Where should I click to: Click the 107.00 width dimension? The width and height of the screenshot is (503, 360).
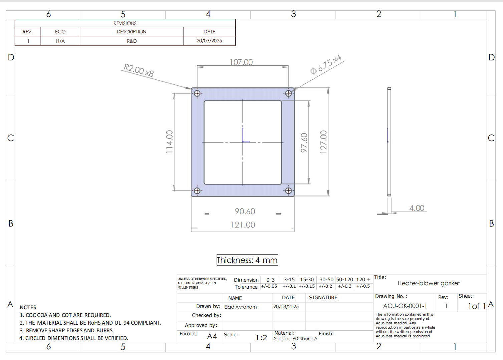241,62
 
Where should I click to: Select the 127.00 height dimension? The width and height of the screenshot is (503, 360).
323,142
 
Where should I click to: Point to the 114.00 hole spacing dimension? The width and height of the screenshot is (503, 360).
169,142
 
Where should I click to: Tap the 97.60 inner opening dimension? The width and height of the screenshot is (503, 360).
304,143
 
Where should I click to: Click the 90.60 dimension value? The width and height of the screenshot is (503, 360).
245,212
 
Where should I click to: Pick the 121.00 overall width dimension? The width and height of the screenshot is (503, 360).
243,225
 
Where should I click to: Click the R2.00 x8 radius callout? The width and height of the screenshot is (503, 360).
139,70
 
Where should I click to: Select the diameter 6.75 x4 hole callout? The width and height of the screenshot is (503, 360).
326,64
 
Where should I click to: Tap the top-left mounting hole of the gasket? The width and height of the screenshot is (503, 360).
197,93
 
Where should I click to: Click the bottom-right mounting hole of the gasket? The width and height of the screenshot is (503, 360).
289,191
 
